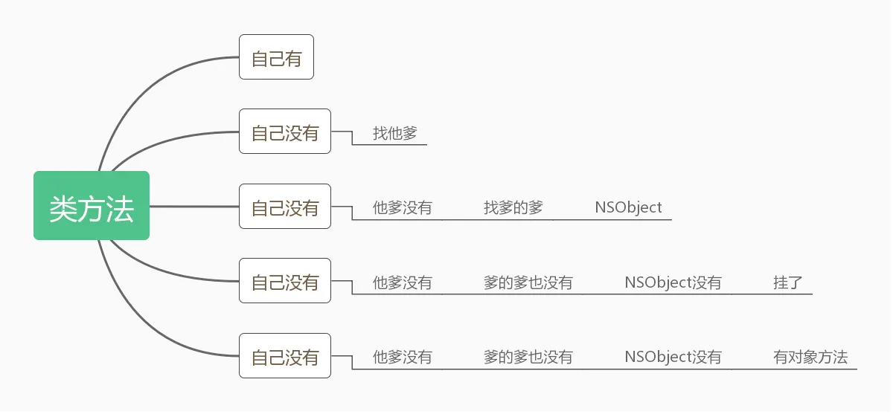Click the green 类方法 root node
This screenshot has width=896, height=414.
pos(92,206)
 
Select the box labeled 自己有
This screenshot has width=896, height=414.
pos(276,57)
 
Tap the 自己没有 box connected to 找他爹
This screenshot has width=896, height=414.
pos(285,132)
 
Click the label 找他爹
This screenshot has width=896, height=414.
pos(395,134)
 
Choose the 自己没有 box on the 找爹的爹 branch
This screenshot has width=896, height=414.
pos(285,207)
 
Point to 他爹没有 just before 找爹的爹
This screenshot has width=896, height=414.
pos(402,207)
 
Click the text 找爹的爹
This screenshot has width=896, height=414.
pos(513,207)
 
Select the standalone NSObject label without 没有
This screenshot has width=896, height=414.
pos(628,207)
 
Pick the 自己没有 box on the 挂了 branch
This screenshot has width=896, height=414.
pos(285,281)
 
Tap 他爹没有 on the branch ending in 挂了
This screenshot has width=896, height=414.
pos(402,282)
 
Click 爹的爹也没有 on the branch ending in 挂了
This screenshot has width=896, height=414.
pos(528,282)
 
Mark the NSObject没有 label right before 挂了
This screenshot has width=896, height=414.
pos(673,282)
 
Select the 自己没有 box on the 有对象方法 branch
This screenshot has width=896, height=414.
pos(285,356)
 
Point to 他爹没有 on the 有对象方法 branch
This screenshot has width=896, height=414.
pos(402,358)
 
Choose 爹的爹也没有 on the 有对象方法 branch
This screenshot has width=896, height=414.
pos(528,358)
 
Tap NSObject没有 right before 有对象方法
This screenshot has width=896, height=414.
pos(673,358)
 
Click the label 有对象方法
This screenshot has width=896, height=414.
pos(810,358)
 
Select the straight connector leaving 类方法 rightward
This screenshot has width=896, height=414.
pos(193,206)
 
